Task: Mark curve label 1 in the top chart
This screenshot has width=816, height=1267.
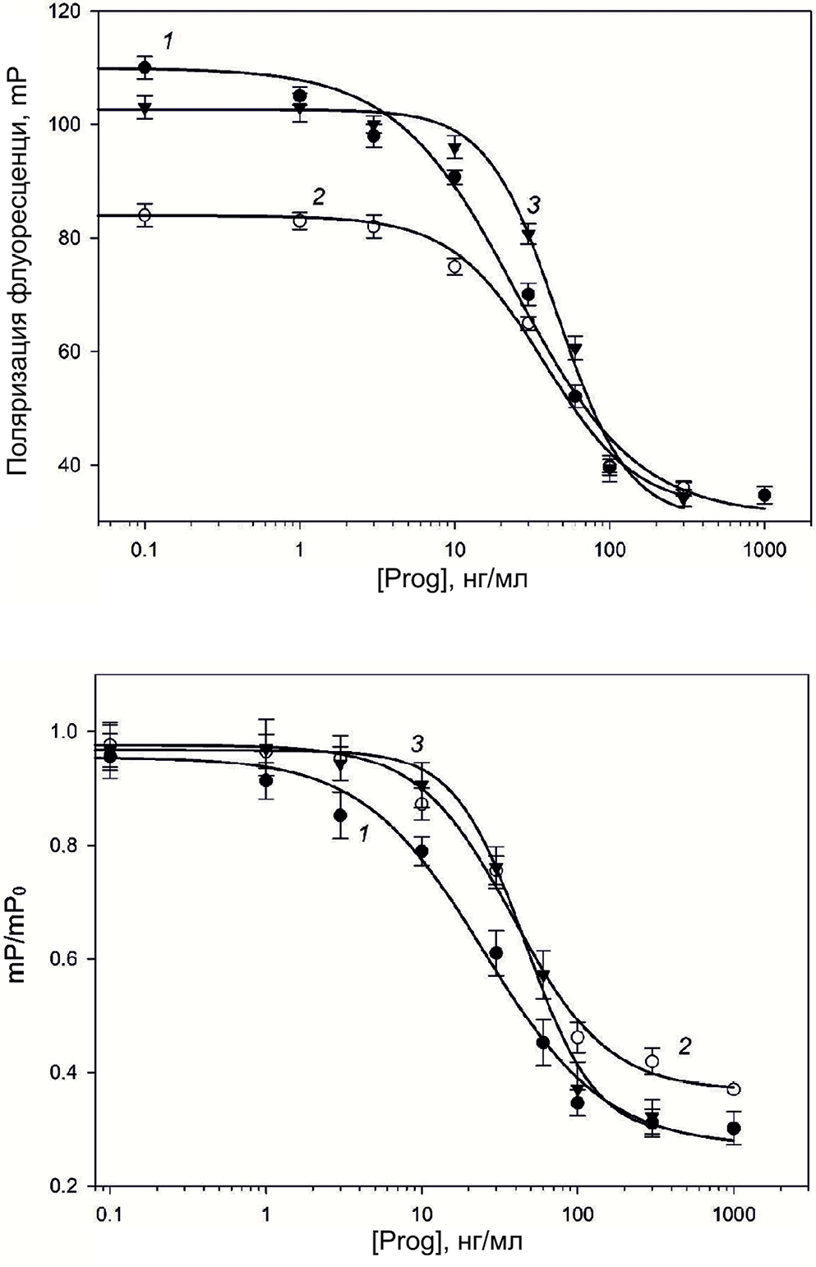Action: (168, 40)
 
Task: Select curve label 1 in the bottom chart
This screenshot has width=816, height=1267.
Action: (361, 834)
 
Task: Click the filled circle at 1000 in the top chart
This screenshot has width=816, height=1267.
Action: (764, 495)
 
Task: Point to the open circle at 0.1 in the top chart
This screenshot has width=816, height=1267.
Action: (145, 215)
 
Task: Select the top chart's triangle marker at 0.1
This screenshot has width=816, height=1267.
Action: (145, 108)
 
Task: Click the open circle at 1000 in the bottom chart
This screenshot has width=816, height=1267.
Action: (734, 1090)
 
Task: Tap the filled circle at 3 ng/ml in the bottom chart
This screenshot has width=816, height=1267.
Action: (340, 815)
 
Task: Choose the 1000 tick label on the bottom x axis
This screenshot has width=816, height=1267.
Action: (732, 1213)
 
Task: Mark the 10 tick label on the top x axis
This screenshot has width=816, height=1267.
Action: (454, 549)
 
